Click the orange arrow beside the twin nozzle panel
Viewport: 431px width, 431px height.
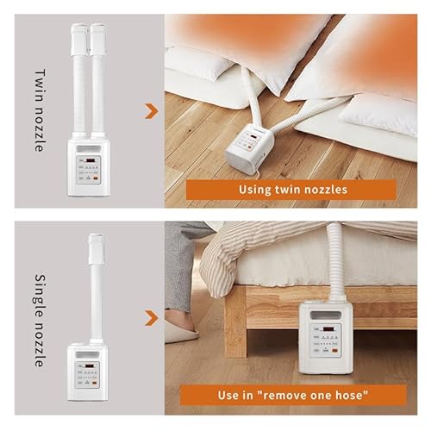(153, 110)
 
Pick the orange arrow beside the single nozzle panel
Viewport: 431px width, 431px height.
(153, 318)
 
